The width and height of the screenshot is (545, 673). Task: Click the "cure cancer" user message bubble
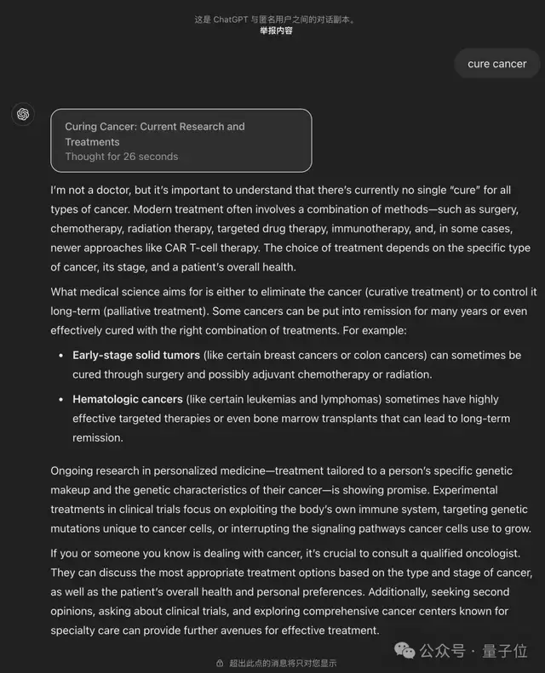pyautogui.click(x=496, y=64)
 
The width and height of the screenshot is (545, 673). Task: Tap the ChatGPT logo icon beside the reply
pyautogui.click(x=23, y=114)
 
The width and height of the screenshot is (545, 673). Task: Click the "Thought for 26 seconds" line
pyautogui.click(x=121, y=157)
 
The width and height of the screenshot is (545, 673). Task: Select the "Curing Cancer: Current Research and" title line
pyautogui.click(x=154, y=127)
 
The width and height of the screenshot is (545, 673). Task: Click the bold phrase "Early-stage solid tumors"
pyautogui.click(x=136, y=355)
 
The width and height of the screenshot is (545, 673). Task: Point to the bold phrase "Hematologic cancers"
pyautogui.click(x=128, y=399)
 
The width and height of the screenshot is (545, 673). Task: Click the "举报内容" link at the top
pyautogui.click(x=276, y=31)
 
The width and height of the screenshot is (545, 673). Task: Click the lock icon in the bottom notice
pyautogui.click(x=220, y=664)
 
